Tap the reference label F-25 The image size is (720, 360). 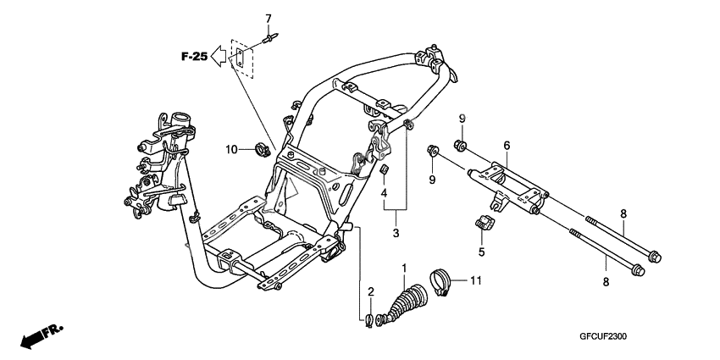click(193, 57)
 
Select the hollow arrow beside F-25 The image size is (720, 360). click(219, 57)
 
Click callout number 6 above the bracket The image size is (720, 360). click(507, 146)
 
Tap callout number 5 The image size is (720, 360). click(481, 252)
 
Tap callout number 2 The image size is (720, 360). click(370, 291)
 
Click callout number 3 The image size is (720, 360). click(396, 231)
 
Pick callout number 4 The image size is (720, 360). click(384, 193)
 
